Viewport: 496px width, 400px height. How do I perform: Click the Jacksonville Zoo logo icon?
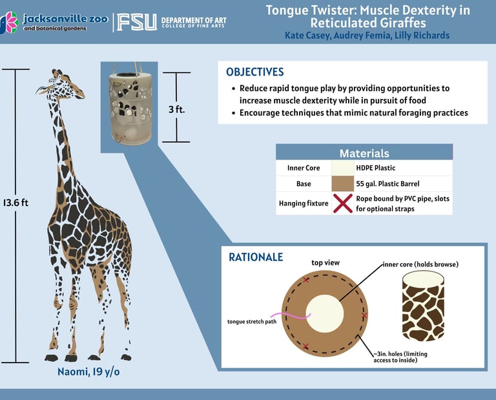(x=9, y=23)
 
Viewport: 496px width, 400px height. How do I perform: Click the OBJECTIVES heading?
(x=254, y=72)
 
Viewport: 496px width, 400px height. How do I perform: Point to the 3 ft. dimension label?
(x=176, y=109)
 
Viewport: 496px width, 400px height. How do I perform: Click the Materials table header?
(x=364, y=153)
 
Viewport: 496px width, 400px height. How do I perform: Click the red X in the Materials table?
(x=342, y=204)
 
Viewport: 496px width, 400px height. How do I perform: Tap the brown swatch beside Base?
(x=342, y=184)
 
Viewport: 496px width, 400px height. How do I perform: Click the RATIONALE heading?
(x=256, y=257)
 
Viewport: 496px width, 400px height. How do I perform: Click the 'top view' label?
(x=325, y=263)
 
